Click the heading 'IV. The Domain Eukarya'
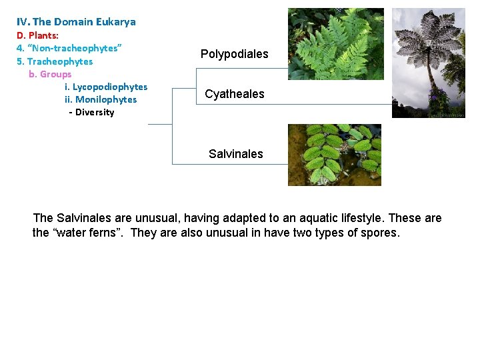(x=76, y=22)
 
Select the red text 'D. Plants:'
(x=37, y=35)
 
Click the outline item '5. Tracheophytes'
(x=55, y=61)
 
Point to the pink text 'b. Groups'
(x=50, y=74)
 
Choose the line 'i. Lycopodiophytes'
(x=106, y=87)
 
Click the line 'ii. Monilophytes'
(x=101, y=99)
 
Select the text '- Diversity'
(x=91, y=112)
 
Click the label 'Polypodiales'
(x=235, y=54)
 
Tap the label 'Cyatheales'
(x=235, y=94)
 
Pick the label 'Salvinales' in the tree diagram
(x=236, y=154)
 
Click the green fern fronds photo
(x=335, y=43)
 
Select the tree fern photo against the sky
(x=428, y=63)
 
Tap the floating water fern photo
(x=335, y=155)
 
